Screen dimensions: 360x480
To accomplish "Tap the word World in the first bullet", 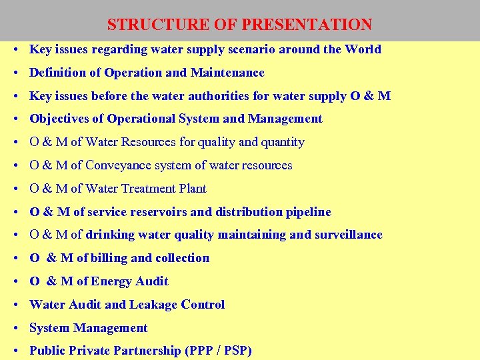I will click(363, 49).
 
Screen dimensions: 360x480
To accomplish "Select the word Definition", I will click(59, 73).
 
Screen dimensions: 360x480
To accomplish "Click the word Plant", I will click(193, 189).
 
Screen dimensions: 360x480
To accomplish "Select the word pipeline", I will click(309, 212).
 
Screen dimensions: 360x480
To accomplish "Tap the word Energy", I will click(112, 281).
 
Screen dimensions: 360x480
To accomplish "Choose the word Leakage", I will click(155, 305).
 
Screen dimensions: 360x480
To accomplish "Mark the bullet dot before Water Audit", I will click(14, 305).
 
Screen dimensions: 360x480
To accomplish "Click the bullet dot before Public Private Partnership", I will click(14, 351).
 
